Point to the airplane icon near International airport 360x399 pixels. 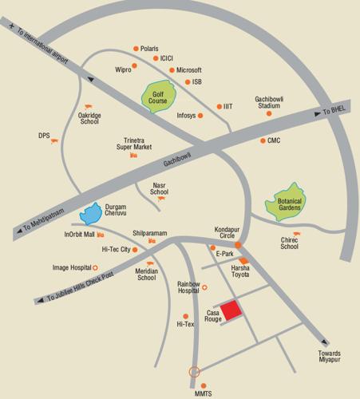tap(10, 26)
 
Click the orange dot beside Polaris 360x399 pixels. tap(136, 49)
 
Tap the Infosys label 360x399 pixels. tap(186, 116)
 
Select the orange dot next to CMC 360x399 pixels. tap(262, 141)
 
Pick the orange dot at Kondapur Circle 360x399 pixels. tap(238, 244)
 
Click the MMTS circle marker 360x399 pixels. tap(193, 371)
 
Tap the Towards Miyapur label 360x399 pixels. tap(329, 358)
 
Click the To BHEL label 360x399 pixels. tap(335, 109)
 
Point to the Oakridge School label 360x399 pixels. tap(89, 118)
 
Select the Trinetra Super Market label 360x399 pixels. tap(133, 143)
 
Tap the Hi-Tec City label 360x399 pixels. tap(116, 250)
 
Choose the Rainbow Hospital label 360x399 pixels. tap(188, 288)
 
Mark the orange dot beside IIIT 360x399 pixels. tap(219, 107)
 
